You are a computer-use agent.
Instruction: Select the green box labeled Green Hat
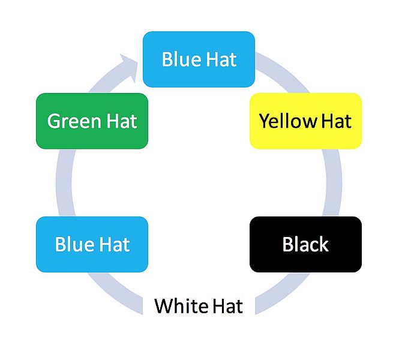point(92,121)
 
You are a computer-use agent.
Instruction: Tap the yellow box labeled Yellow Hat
point(305,121)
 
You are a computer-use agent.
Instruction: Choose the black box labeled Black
point(305,244)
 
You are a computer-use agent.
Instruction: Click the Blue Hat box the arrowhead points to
point(199,59)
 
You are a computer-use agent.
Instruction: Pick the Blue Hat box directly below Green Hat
point(92,244)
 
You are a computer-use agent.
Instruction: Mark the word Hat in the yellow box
point(336,121)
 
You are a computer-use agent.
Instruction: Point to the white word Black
point(305,245)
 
